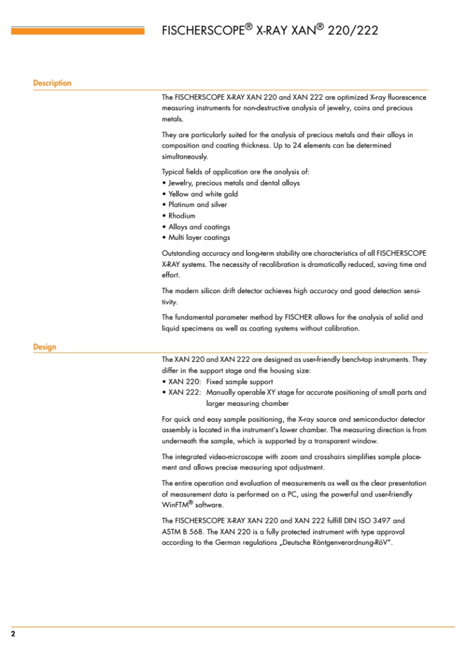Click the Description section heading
52,83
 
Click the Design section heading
45,347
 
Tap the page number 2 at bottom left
13,634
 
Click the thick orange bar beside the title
78,31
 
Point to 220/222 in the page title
353,31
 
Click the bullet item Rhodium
181,216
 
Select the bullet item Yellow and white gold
203,194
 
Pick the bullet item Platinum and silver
197,205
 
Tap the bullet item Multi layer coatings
199,238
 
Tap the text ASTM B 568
182,533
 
